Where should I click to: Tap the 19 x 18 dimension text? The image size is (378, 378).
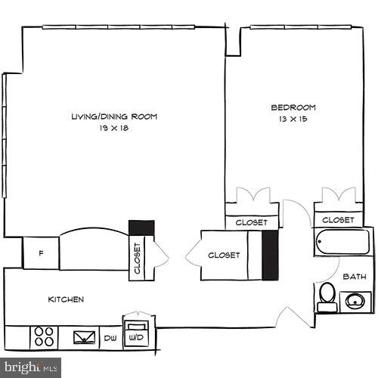114,129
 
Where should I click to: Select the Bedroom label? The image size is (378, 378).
293,107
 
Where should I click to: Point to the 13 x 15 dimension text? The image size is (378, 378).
293,119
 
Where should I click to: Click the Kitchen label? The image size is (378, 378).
66,299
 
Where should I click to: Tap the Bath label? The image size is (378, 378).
354,277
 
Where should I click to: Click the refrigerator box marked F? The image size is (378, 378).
41,253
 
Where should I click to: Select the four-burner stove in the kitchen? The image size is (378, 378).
45,335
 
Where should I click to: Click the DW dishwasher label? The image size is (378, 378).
110,338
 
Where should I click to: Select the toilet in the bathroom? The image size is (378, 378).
327,296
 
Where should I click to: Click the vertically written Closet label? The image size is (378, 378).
138,257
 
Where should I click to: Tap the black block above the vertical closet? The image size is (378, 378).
141,228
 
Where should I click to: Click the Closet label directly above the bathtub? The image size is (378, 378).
337,220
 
